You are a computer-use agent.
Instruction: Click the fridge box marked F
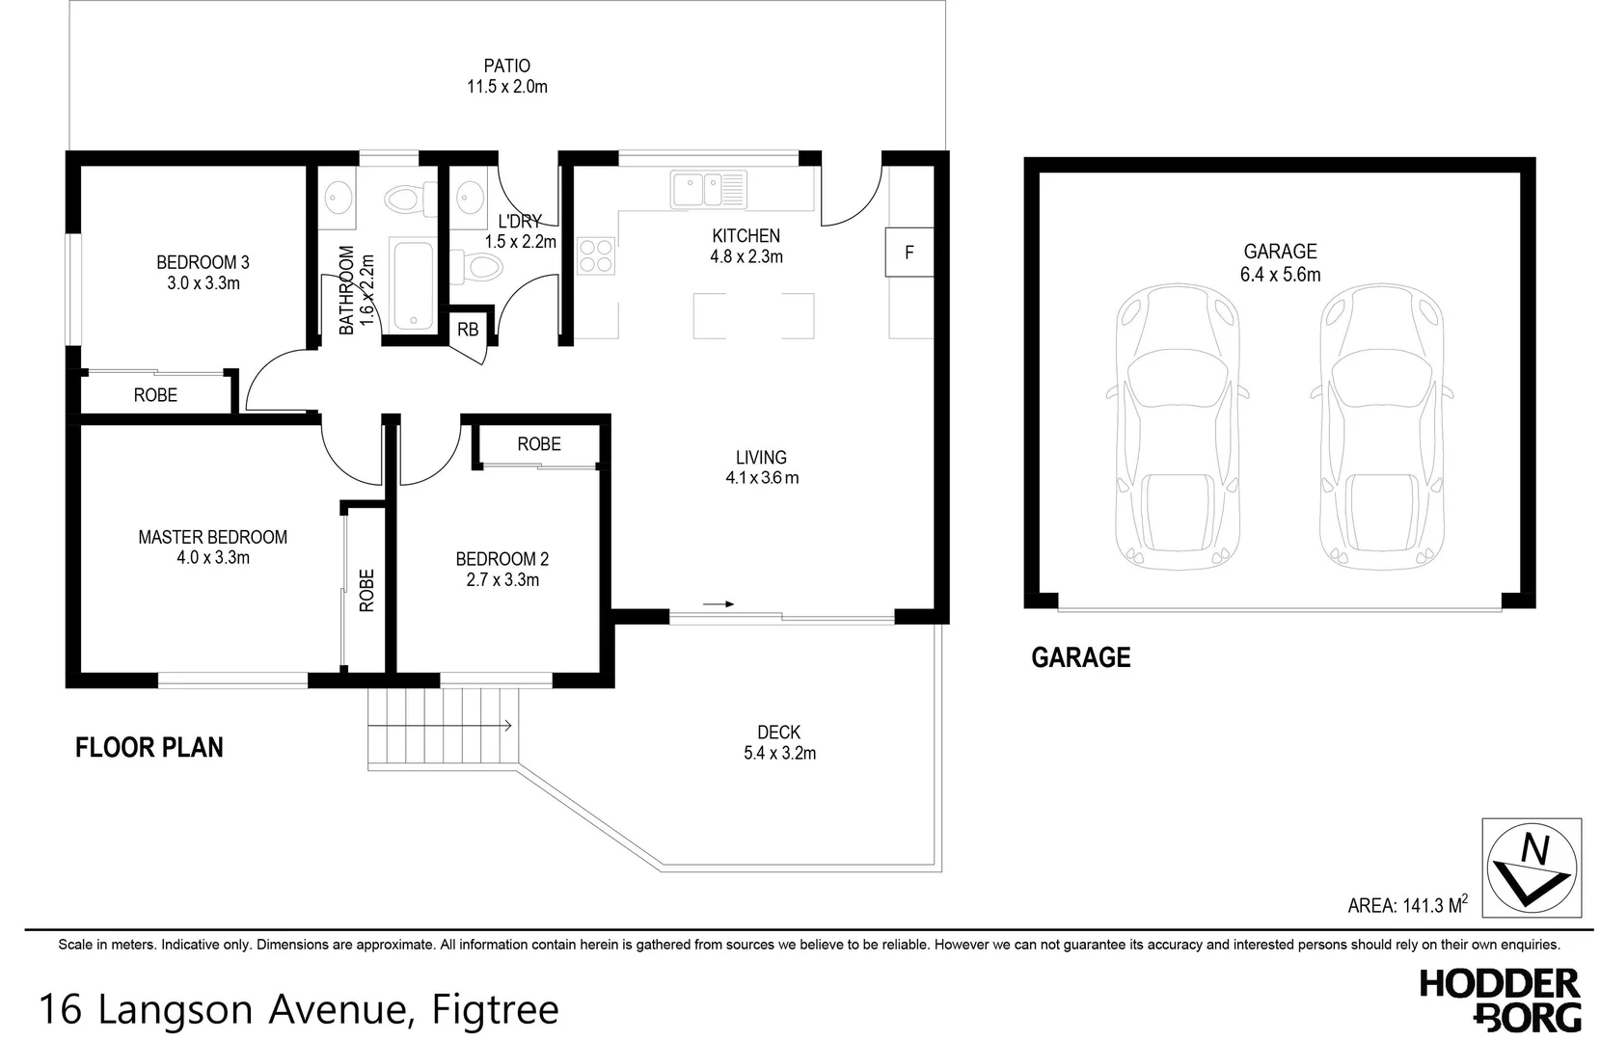908,253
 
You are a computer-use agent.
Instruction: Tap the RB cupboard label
467,330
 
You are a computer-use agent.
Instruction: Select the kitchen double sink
710,189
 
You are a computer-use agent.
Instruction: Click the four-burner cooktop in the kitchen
596,255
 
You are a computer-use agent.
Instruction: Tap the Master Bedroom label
212,537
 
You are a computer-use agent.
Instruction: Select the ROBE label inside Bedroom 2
538,444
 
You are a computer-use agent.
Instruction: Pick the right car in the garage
1381,429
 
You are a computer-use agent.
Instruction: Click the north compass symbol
1532,867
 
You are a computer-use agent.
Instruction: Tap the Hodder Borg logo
1499,1000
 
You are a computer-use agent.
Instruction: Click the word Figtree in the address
495,1009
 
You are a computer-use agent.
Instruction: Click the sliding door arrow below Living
719,604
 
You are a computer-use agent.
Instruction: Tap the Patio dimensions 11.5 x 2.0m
506,87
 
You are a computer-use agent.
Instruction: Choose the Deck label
778,733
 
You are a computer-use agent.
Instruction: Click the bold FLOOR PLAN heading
149,747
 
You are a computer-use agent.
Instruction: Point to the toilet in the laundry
477,266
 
